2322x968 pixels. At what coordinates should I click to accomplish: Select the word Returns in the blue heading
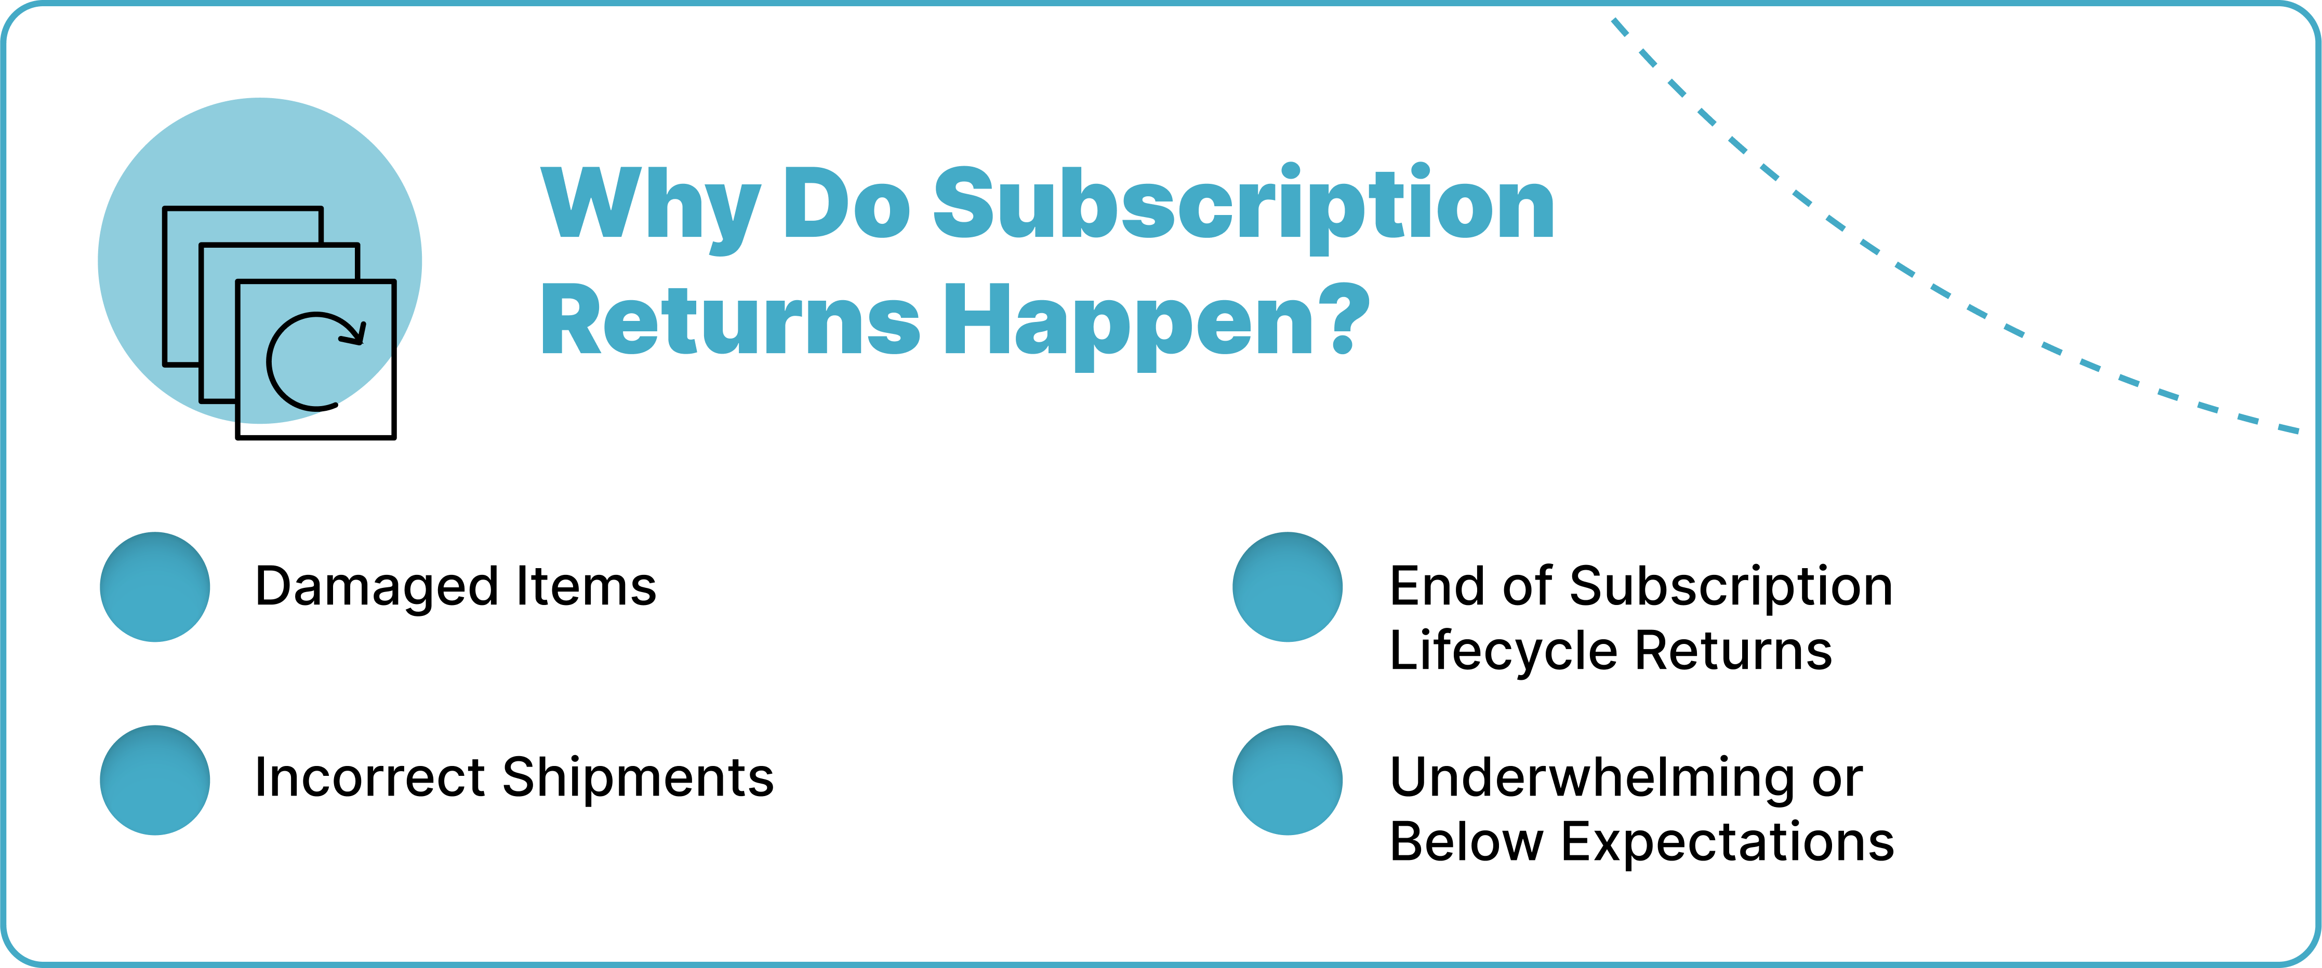pos(730,320)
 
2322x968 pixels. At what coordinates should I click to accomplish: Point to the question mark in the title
pos(1345,318)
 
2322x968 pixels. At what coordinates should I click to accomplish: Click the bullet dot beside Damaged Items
pos(155,587)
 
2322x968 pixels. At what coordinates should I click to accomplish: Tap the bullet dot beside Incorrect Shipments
pos(155,779)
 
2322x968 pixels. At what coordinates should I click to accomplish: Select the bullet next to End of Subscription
pos(1287,587)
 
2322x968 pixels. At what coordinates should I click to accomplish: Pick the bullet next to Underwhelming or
pos(1287,779)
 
